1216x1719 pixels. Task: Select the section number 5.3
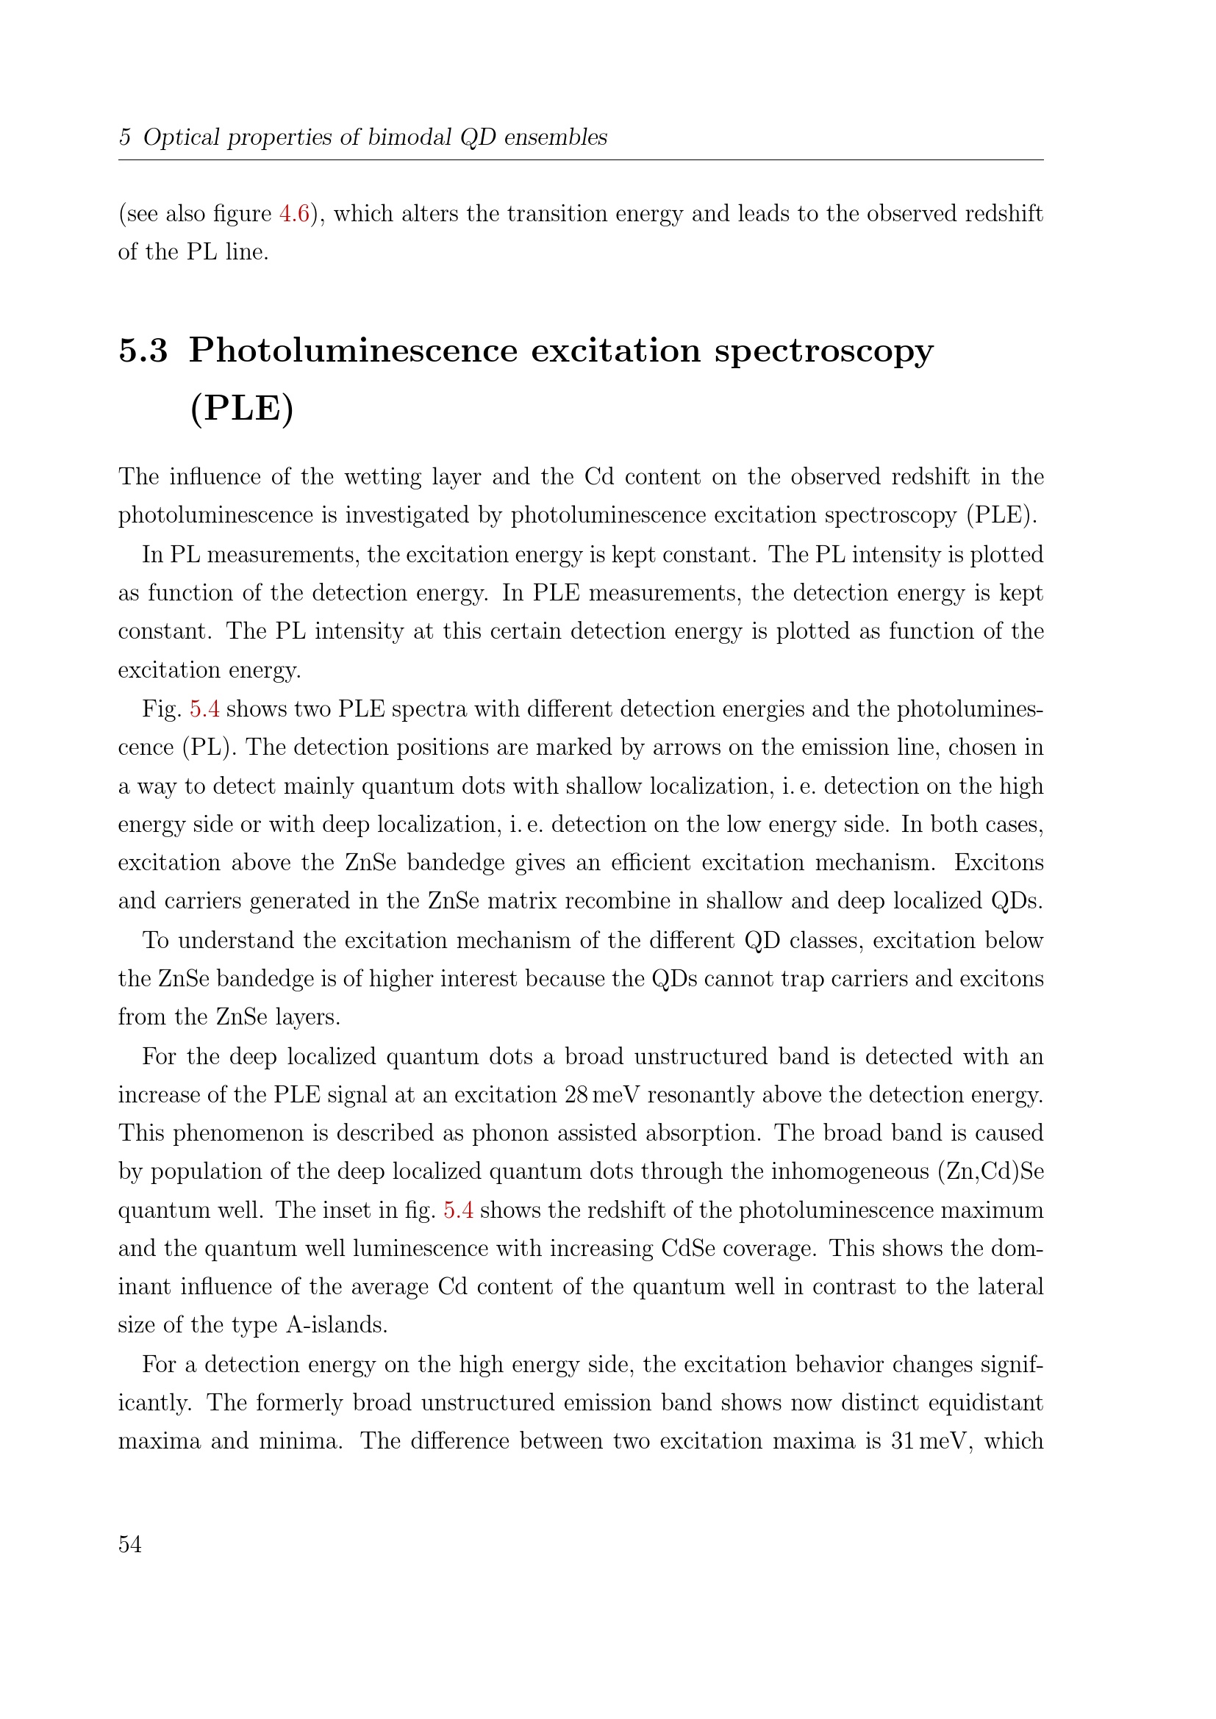click(143, 351)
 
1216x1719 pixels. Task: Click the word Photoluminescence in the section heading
click(353, 351)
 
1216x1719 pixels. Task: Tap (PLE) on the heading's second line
click(242, 408)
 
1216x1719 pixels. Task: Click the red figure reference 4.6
click(294, 214)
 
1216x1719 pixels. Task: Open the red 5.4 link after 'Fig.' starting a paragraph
click(204, 709)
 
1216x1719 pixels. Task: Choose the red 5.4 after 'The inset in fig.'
click(458, 1210)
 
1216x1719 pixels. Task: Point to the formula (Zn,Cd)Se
click(990, 1171)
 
